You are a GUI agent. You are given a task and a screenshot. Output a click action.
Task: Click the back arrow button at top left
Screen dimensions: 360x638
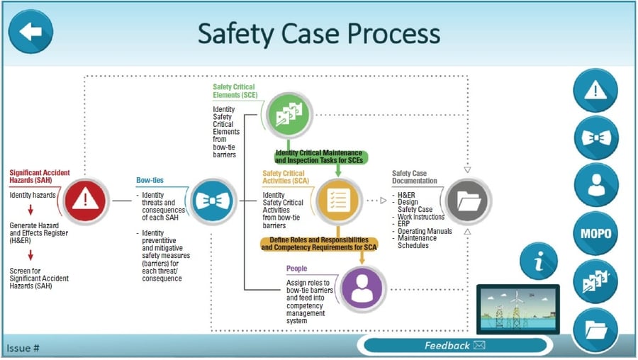pyautogui.click(x=31, y=32)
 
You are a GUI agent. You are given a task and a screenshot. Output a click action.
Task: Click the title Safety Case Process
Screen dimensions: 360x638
pyautogui.click(x=318, y=33)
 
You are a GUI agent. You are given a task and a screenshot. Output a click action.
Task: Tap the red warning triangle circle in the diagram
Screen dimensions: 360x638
pyautogui.click(x=85, y=201)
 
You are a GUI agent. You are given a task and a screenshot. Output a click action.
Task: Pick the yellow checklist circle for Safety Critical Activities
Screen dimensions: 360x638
pyautogui.click(x=338, y=201)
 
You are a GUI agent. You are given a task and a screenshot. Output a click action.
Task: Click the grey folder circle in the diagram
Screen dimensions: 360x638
pyautogui.click(x=469, y=201)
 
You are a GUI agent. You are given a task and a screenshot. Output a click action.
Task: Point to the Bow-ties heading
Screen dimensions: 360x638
pyautogui.click(x=150, y=181)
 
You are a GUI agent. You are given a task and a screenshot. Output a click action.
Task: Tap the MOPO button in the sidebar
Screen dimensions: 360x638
pyautogui.click(x=595, y=233)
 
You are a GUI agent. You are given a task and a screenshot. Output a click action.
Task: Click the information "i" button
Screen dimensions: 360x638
pyautogui.click(x=539, y=261)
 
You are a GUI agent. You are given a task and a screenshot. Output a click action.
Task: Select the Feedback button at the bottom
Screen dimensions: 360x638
pyautogui.click(x=454, y=346)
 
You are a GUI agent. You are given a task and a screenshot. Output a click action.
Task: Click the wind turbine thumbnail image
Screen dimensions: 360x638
pyautogui.click(x=517, y=309)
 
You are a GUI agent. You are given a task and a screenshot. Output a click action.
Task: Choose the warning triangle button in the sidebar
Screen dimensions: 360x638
pyautogui.click(x=595, y=91)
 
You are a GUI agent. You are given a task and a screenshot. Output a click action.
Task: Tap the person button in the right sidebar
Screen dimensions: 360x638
pyautogui.click(x=595, y=186)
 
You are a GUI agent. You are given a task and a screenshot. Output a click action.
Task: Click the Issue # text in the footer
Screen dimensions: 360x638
pyautogui.click(x=23, y=348)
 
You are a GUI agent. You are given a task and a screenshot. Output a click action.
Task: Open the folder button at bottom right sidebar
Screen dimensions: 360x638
pyautogui.click(x=595, y=330)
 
